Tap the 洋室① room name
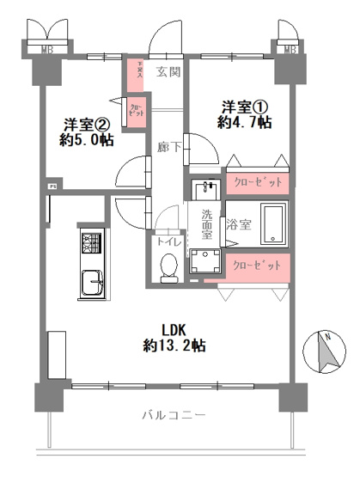[x=246, y=107]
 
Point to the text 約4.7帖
[x=246, y=123]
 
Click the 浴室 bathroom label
[x=239, y=224]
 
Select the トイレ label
[x=168, y=242]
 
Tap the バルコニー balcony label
[x=174, y=415]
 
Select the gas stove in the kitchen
[x=91, y=243]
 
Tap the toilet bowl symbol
[x=169, y=266]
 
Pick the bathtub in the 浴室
[x=274, y=225]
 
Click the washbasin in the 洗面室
[x=205, y=190]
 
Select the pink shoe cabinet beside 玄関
[x=135, y=70]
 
